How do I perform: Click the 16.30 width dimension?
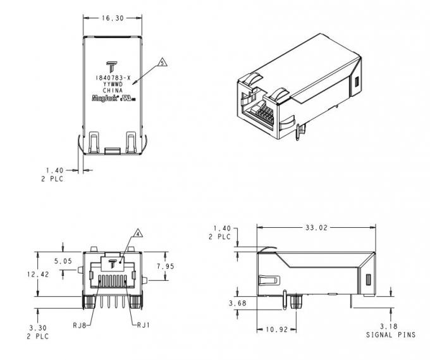pos(113,18)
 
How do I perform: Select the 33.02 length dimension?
pos(317,227)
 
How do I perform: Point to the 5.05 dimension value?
pos(62,260)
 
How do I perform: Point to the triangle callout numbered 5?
pos(163,63)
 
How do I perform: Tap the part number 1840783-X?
pos(113,77)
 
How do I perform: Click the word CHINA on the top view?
pos(113,90)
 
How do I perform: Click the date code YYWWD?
pos(113,84)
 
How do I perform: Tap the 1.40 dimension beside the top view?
pos(55,170)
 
